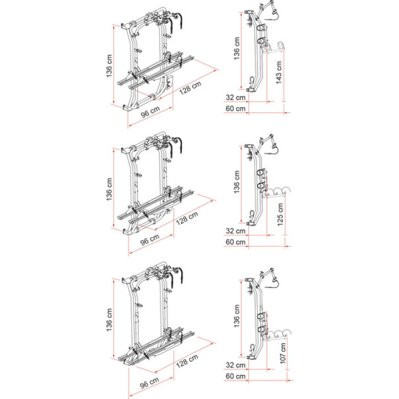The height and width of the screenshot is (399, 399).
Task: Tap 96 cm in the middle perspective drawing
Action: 150,239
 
